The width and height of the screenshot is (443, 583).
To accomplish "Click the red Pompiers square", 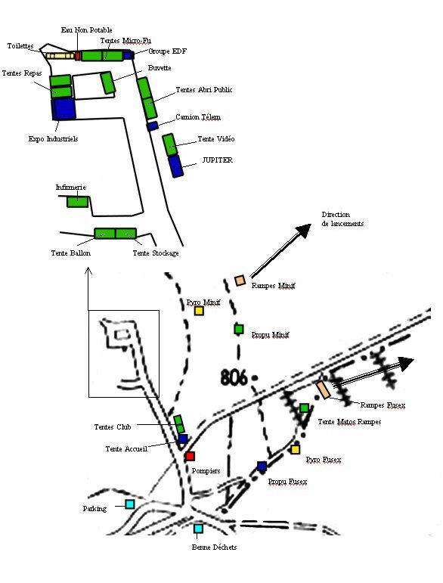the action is coord(190,456).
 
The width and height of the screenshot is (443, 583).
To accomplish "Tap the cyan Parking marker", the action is coord(130,504).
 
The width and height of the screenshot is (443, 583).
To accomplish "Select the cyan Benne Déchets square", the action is coord(198,529).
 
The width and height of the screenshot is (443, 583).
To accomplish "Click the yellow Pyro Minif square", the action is coord(200,311).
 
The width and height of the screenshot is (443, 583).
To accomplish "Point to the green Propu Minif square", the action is coord(239,329).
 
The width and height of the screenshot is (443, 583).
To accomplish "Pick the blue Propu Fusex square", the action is coord(262,466).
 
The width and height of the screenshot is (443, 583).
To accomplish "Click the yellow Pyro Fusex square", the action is coord(295,449).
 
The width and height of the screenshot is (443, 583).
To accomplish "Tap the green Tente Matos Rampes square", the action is coord(305,408).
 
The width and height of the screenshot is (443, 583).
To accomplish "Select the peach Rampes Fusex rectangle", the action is coord(323,390).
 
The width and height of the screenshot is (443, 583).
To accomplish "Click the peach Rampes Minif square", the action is coord(240,281).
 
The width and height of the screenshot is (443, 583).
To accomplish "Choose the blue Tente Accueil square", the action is coord(183,439).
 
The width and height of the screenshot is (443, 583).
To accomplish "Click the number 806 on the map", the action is coord(234,378).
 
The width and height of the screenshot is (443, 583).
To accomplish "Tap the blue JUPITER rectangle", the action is coord(175,166).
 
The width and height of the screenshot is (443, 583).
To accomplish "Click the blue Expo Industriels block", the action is coord(64,109).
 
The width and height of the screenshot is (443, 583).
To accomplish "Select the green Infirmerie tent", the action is coord(78,202).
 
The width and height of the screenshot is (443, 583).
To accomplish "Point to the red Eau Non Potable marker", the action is coord(78,56).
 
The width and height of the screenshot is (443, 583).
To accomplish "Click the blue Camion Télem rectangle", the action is coord(153,126).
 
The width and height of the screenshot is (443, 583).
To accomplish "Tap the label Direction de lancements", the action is coord(342,219).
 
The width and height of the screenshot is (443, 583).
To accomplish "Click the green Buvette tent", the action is coord(108,82).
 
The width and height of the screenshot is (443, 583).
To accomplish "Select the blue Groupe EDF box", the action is coord(129,55).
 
